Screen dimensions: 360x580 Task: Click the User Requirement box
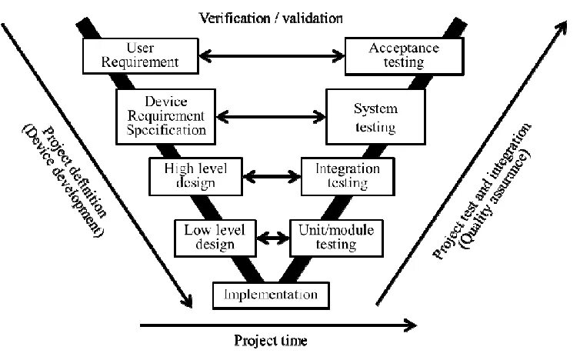[x=130, y=53]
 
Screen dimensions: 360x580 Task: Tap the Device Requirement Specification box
[x=165, y=116]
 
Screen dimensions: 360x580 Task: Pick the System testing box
[x=375, y=117]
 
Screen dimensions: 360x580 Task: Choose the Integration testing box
[x=346, y=175]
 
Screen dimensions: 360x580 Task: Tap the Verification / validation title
[x=270, y=16]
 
